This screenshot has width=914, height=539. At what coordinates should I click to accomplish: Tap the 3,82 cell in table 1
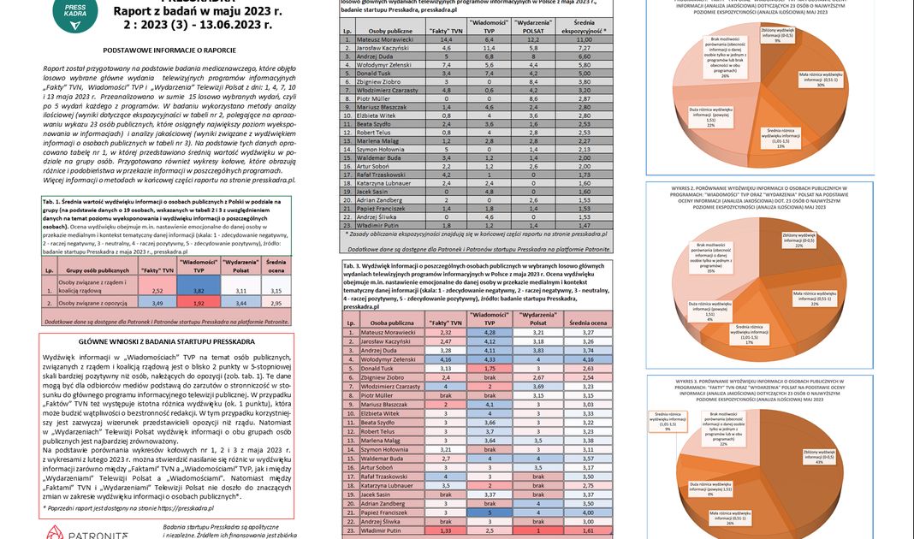[x=198, y=291]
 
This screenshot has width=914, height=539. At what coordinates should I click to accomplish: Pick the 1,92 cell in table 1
[x=198, y=303]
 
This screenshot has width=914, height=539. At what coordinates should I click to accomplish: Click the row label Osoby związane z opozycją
[x=92, y=303]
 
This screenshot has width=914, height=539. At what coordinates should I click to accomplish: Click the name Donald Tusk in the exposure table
[x=377, y=74]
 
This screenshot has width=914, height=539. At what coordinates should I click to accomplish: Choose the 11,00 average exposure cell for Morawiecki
[x=585, y=40]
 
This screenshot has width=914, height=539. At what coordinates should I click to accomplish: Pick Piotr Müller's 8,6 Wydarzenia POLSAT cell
[x=534, y=98]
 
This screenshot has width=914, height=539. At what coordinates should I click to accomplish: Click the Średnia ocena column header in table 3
[x=585, y=321]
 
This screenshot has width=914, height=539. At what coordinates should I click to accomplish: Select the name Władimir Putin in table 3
[x=377, y=531]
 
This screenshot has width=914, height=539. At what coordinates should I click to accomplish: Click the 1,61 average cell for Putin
[x=585, y=531]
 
